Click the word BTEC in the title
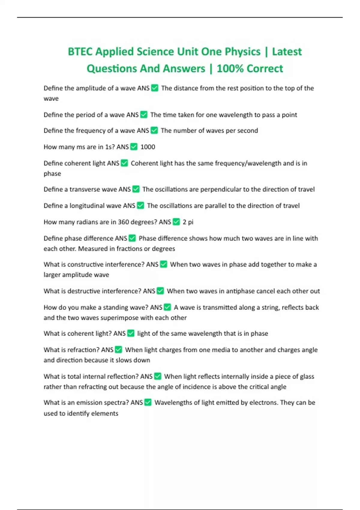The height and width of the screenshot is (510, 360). click(x=80, y=52)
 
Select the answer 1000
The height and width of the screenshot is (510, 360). click(x=148, y=147)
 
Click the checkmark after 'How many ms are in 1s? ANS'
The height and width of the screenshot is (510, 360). click(x=134, y=147)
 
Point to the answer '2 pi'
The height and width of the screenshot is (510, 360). click(x=188, y=222)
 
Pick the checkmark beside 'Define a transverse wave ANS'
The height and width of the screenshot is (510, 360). click(x=136, y=189)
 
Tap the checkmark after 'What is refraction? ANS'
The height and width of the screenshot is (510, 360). click(x=118, y=350)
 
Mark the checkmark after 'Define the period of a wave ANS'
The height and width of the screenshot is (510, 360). click(x=144, y=115)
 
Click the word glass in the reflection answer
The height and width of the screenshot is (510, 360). click(x=307, y=376)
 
